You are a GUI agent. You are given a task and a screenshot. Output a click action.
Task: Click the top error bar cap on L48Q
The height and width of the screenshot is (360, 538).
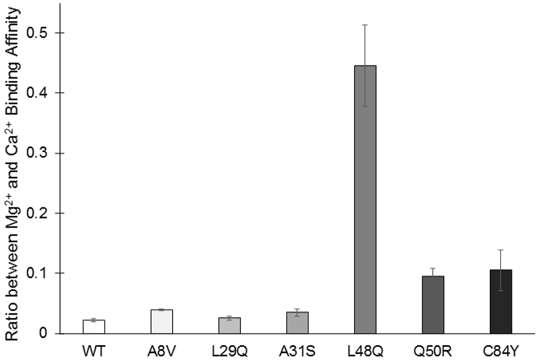click(x=365, y=25)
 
